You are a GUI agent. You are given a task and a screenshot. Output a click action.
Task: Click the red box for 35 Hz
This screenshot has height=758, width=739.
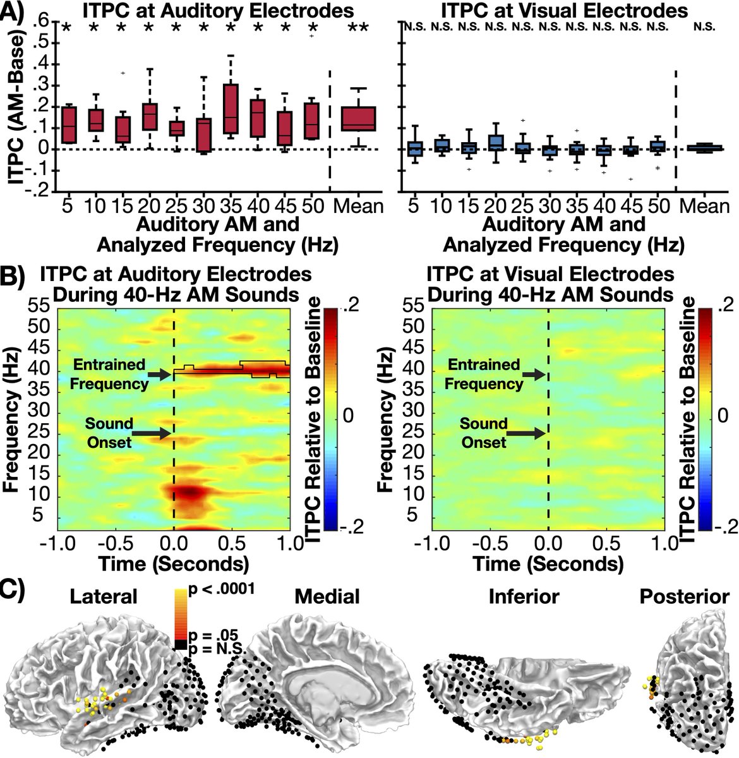(x=231, y=109)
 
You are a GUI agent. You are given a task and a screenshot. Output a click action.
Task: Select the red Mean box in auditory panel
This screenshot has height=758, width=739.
(x=359, y=118)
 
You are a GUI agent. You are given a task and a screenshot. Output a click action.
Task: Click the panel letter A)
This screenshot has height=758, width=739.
(x=12, y=11)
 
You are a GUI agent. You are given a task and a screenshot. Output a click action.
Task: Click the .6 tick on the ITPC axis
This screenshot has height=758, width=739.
(x=42, y=21)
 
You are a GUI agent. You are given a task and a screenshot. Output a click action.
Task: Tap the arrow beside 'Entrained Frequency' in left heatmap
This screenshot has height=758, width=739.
(x=159, y=375)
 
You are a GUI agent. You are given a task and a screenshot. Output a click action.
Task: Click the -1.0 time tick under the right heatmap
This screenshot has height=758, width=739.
(x=431, y=544)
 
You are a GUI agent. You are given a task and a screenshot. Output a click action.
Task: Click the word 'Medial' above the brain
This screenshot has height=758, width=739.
(x=327, y=596)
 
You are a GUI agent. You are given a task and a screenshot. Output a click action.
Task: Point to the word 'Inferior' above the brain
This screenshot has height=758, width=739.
(x=524, y=596)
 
